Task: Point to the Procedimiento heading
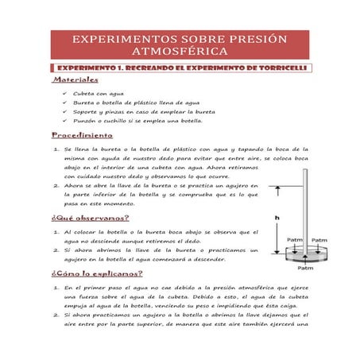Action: point(83,137)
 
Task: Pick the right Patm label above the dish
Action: point(318,239)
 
